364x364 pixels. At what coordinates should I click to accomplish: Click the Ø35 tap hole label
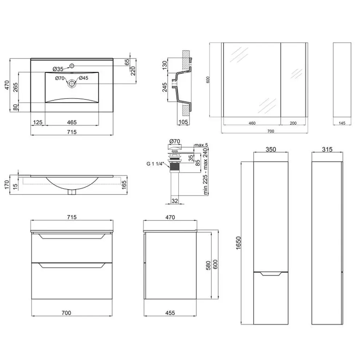point(58,69)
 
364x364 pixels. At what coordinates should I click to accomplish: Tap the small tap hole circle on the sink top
point(72,66)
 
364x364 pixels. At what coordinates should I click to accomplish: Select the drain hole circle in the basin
point(72,83)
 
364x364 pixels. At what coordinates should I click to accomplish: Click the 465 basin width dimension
point(72,122)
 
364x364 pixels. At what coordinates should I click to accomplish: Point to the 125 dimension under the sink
point(37,122)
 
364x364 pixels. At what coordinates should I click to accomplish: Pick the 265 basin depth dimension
point(15,87)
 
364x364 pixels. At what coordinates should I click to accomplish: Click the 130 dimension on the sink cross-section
point(165,66)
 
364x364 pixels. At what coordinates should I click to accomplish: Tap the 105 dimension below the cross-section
point(183,122)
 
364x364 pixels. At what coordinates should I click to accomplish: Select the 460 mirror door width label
point(252,123)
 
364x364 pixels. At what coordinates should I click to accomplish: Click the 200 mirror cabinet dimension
point(293,123)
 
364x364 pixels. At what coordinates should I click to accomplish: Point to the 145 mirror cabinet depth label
point(342,123)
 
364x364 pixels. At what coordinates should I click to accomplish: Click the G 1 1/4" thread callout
point(155,164)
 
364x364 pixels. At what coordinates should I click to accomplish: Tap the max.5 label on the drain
point(201,145)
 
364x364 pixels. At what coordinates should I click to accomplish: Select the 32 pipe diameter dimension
point(175,201)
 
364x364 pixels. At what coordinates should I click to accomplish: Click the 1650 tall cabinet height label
point(238,243)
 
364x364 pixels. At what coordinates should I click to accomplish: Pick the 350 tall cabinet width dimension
point(271,149)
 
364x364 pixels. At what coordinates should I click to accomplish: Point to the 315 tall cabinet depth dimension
point(327,149)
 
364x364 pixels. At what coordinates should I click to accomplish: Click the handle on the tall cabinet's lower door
point(271,274)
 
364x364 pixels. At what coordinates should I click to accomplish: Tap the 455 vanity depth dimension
point(170,313)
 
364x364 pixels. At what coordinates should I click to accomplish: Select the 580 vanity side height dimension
point(208,265)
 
